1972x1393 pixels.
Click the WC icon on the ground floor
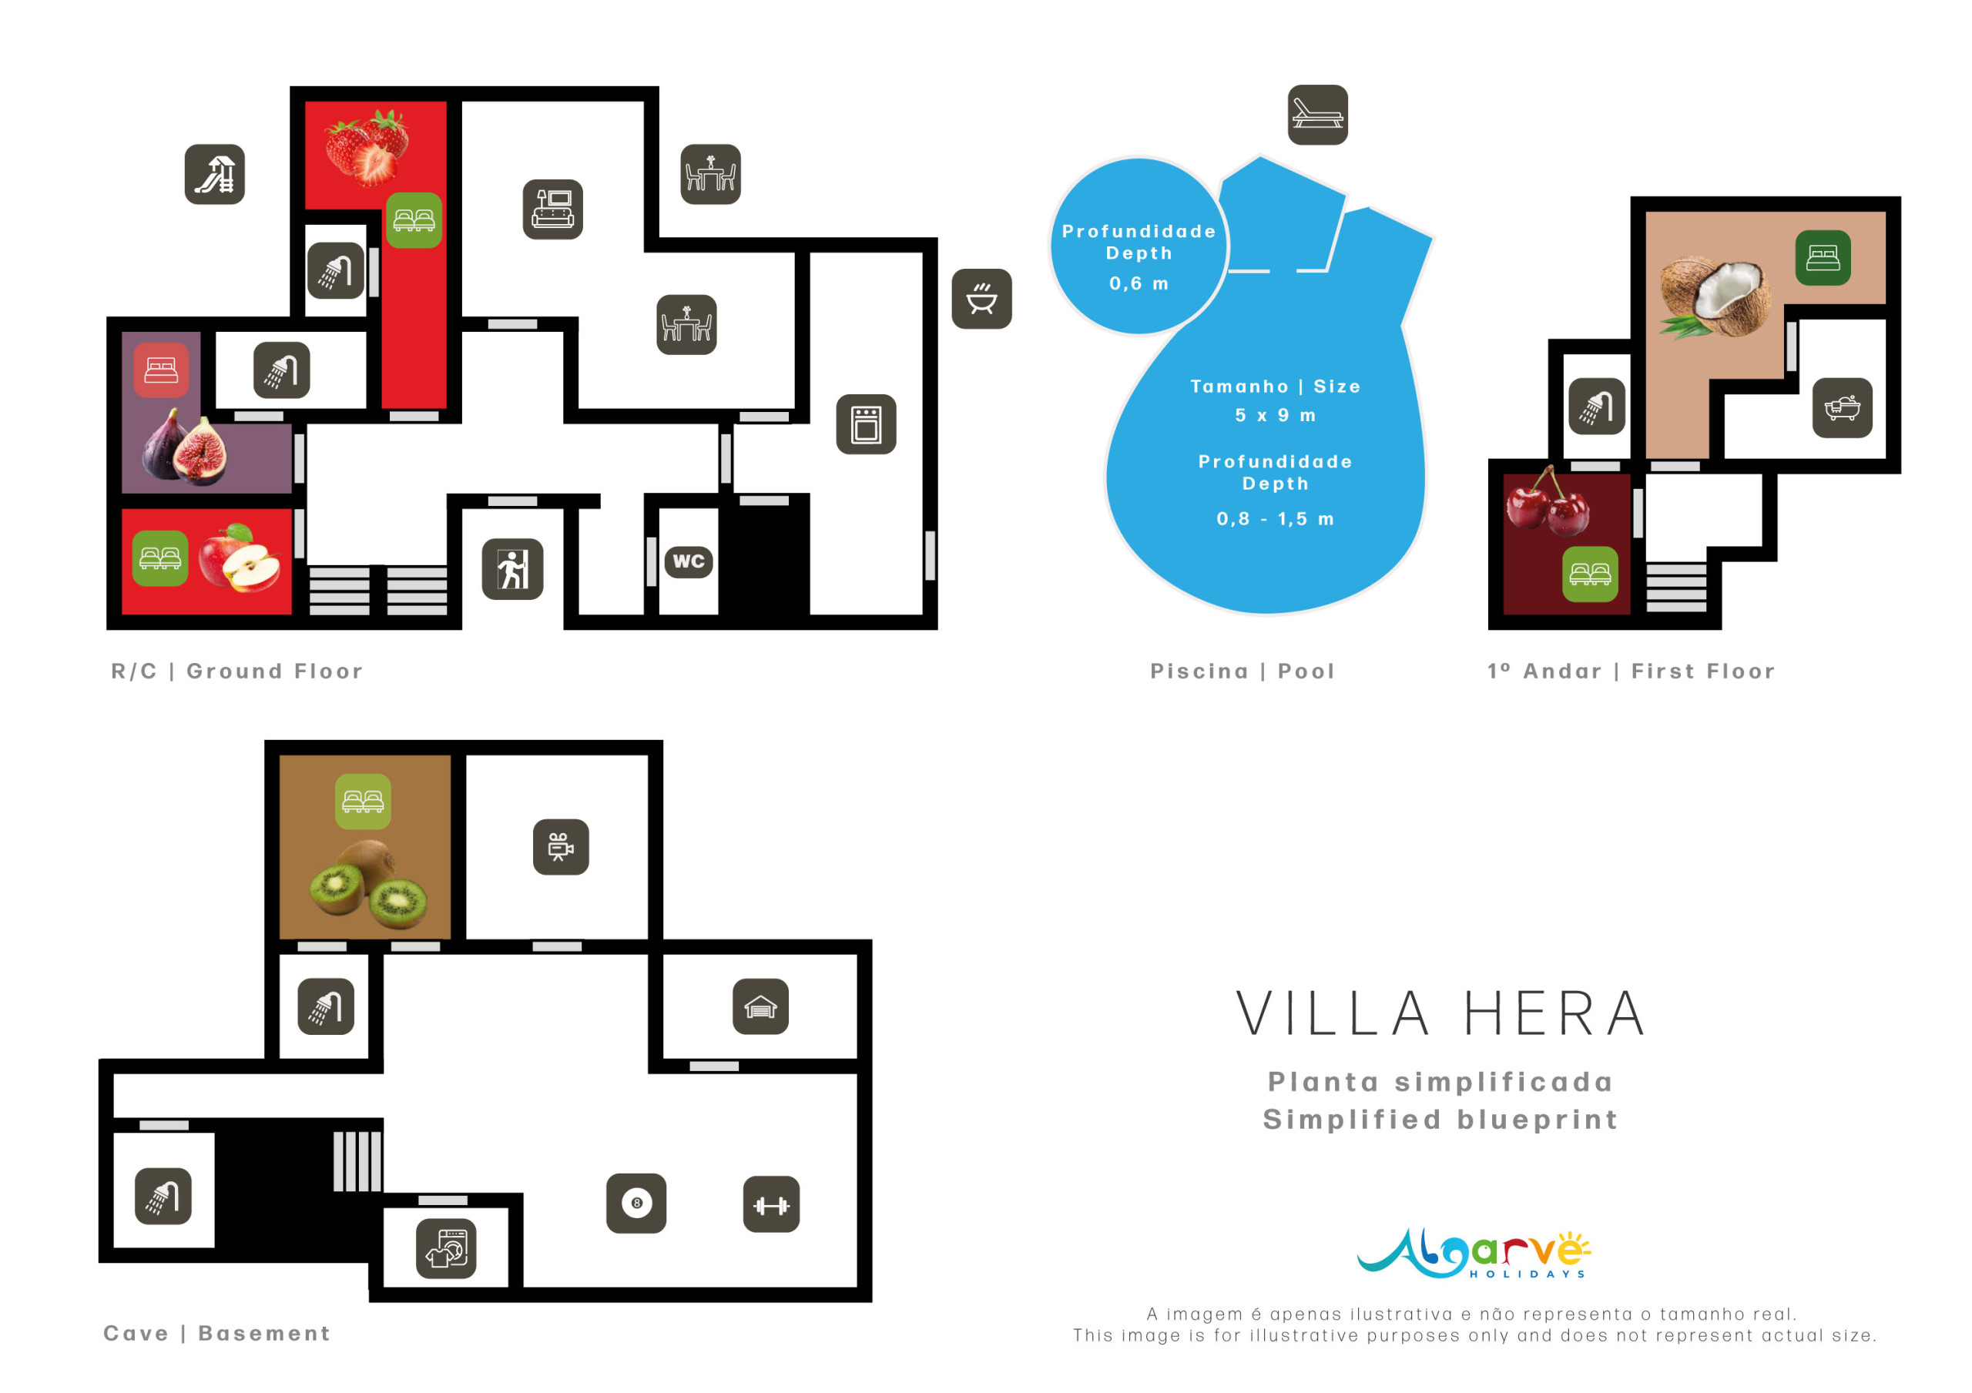tap(689, 561)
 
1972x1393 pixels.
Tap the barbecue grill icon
tap(981, 299)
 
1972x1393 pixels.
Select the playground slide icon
tap(215, 174)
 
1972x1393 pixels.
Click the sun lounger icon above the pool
tap(1317, 115)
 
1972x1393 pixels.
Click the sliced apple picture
tap(240, 558)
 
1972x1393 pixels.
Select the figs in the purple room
tap(185, 448)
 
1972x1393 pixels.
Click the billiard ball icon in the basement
tap(636, 1204)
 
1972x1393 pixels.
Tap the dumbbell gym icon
tap(771, 1205)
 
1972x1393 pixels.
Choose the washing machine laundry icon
tap(447, 1249)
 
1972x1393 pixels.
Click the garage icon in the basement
tap(761, 1006)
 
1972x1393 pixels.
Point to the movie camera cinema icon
tap(561, 848)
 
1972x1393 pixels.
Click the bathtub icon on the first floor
tap(1843, 408)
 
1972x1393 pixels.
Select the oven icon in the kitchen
tap(867, 424)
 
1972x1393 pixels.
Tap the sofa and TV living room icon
tap(553, 209)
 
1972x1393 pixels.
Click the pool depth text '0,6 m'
tap(1139, 283)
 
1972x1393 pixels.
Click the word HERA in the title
tap(1555, 1013)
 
